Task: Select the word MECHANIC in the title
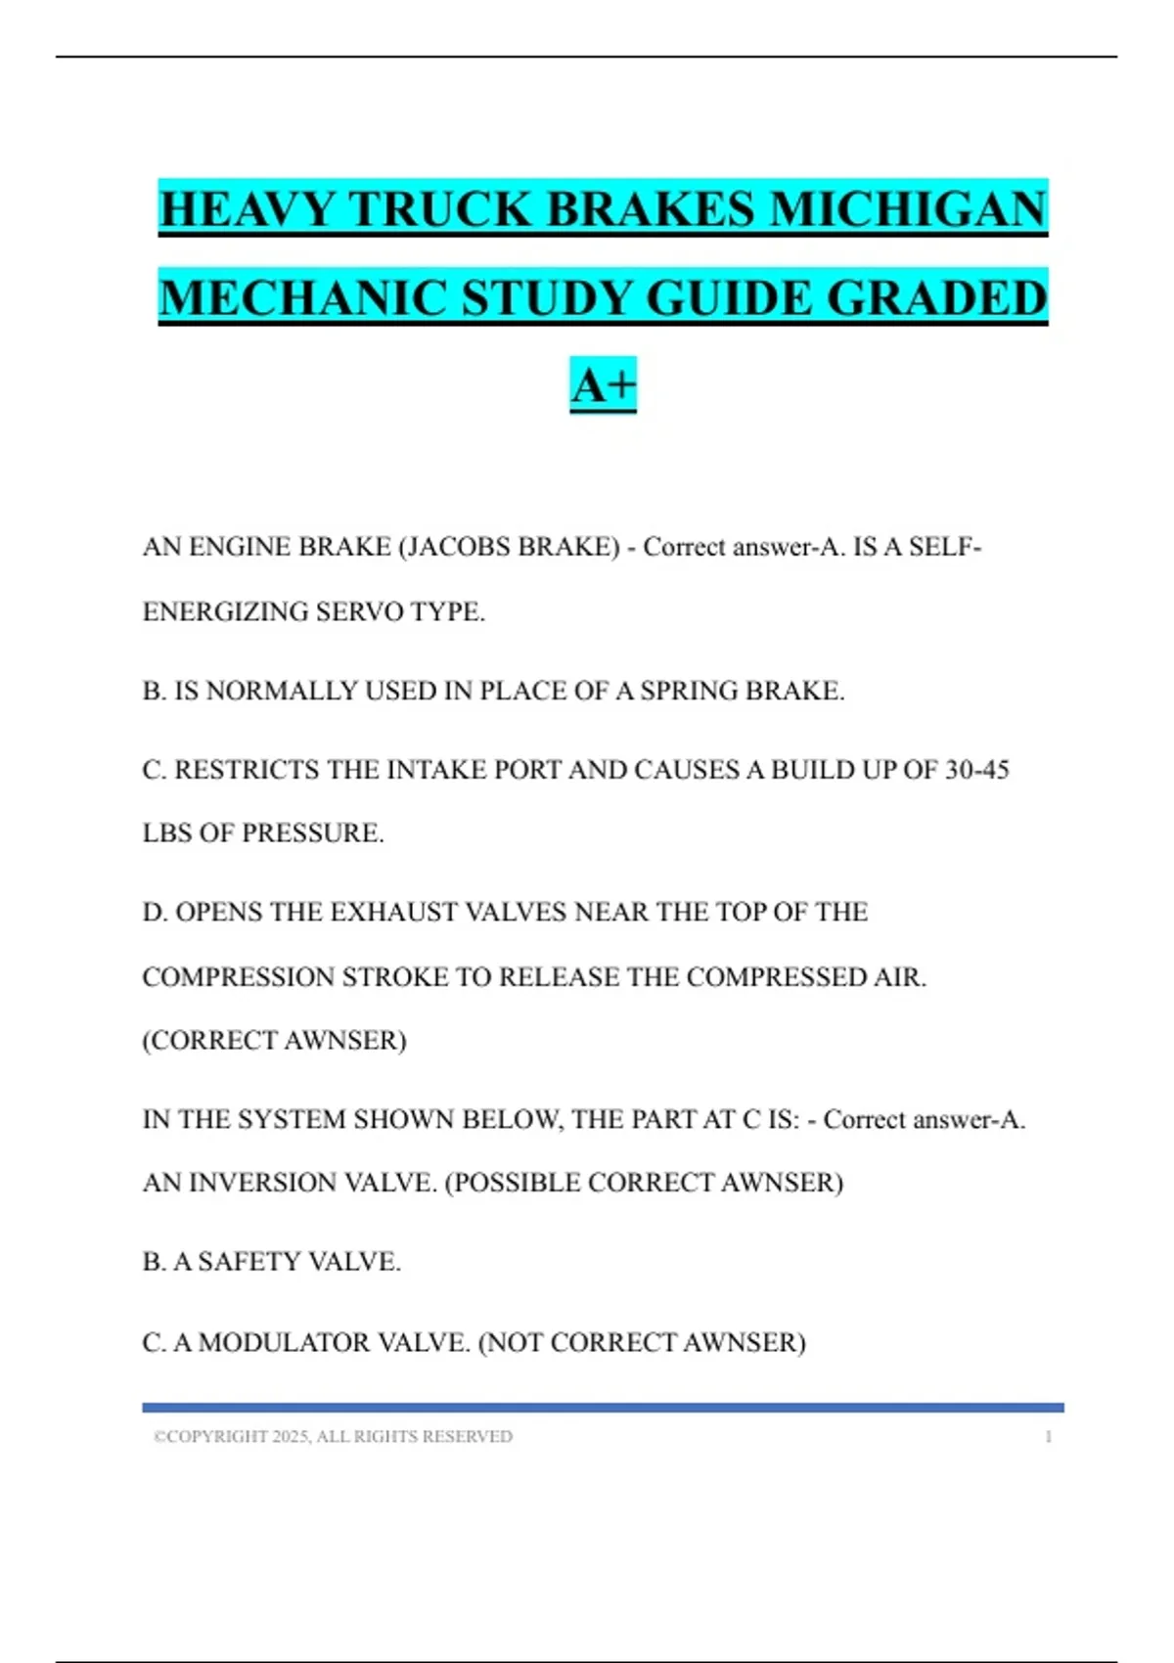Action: tap(302, 298)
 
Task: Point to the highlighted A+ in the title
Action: tap(603, 384)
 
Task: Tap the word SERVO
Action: tap(358, 612)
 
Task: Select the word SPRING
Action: tap(690, 692)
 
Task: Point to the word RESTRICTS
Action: tap(248, 771)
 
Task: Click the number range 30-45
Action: tap(976, 771)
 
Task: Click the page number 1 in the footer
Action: tap(1049, 1437)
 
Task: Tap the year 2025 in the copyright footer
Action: tap(291, 1437)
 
